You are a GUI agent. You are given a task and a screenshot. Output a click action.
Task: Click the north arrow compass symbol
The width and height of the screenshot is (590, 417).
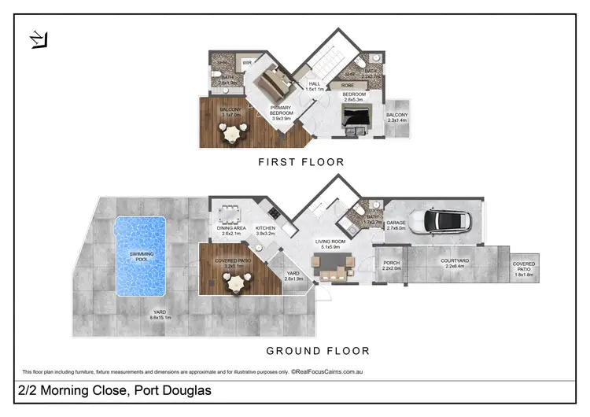pyautogui.click(x=38, y=39)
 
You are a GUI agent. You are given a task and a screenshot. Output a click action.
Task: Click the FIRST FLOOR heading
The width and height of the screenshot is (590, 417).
pyautogui.click(x=302, y=162)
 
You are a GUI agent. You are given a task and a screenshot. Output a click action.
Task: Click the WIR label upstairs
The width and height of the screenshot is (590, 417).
pyautogui.click(x=246, y=62)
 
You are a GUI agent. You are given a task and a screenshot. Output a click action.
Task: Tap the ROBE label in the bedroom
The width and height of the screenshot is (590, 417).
pyautogui.click(x=347, y=85)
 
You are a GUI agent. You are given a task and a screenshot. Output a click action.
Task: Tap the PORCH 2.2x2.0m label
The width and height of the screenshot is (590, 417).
pyautogui.click(x=391, y=266)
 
